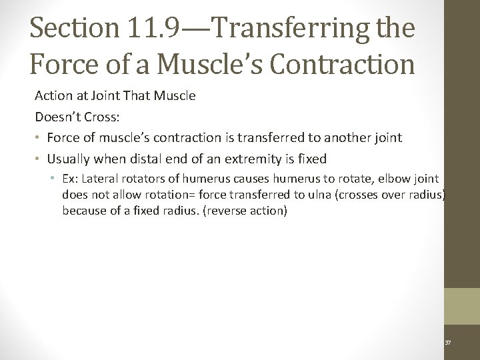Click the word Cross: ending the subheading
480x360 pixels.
(100, 117)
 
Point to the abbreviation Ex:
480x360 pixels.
(70, 179)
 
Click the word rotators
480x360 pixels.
(141, 179)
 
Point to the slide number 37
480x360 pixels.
(448, 343)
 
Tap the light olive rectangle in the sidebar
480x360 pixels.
(462, 306)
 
